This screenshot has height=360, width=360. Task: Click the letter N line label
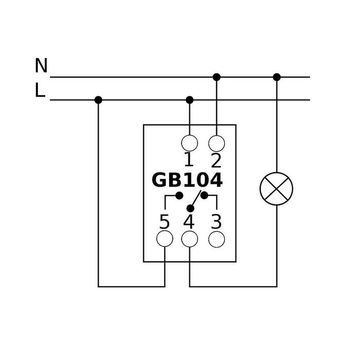[41, 66]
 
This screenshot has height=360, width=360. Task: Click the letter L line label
[40, 91]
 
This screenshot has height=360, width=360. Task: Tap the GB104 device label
[187, 181]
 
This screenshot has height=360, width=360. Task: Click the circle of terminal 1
[190, 142]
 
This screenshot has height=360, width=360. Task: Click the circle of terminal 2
[217, 142]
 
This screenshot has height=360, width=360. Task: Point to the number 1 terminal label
[189, 160]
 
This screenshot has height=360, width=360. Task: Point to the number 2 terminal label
[216, 160]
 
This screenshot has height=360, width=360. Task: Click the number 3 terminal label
[217, 222]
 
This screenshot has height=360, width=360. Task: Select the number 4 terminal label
[189, 222]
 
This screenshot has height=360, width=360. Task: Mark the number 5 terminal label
[164, 222]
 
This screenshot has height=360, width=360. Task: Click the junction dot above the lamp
[277, 77]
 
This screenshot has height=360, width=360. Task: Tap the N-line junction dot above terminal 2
[217, 77]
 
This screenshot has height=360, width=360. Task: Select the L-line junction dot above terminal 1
[190, 100]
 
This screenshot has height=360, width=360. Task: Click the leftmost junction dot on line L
[98, 100]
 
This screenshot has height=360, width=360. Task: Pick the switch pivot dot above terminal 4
[190, 208]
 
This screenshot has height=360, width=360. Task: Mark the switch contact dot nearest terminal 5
[179, 195]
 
